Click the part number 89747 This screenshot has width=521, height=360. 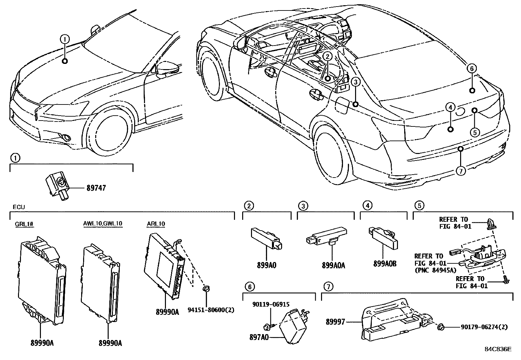click(96, 188)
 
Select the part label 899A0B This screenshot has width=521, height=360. click(385, 263)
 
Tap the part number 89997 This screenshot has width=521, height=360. click(335, 322)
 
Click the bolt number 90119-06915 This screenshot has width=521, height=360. click(271, 304)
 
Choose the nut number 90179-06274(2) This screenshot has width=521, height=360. click(484, 327)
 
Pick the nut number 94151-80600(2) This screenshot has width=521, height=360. click(211, 310)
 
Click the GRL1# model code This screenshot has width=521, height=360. click(25, 224)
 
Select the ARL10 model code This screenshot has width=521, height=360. click(156, 224)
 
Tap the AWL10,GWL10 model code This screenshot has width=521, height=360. click(102, 224)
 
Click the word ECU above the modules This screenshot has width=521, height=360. click(19, 207)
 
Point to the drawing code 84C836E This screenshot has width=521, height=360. click(498, 349)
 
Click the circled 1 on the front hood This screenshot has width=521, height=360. click(65, 39)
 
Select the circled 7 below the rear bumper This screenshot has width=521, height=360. click(460, 171)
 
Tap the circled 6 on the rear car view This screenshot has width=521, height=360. click(472, 68)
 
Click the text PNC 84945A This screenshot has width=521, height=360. click(435, 270)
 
